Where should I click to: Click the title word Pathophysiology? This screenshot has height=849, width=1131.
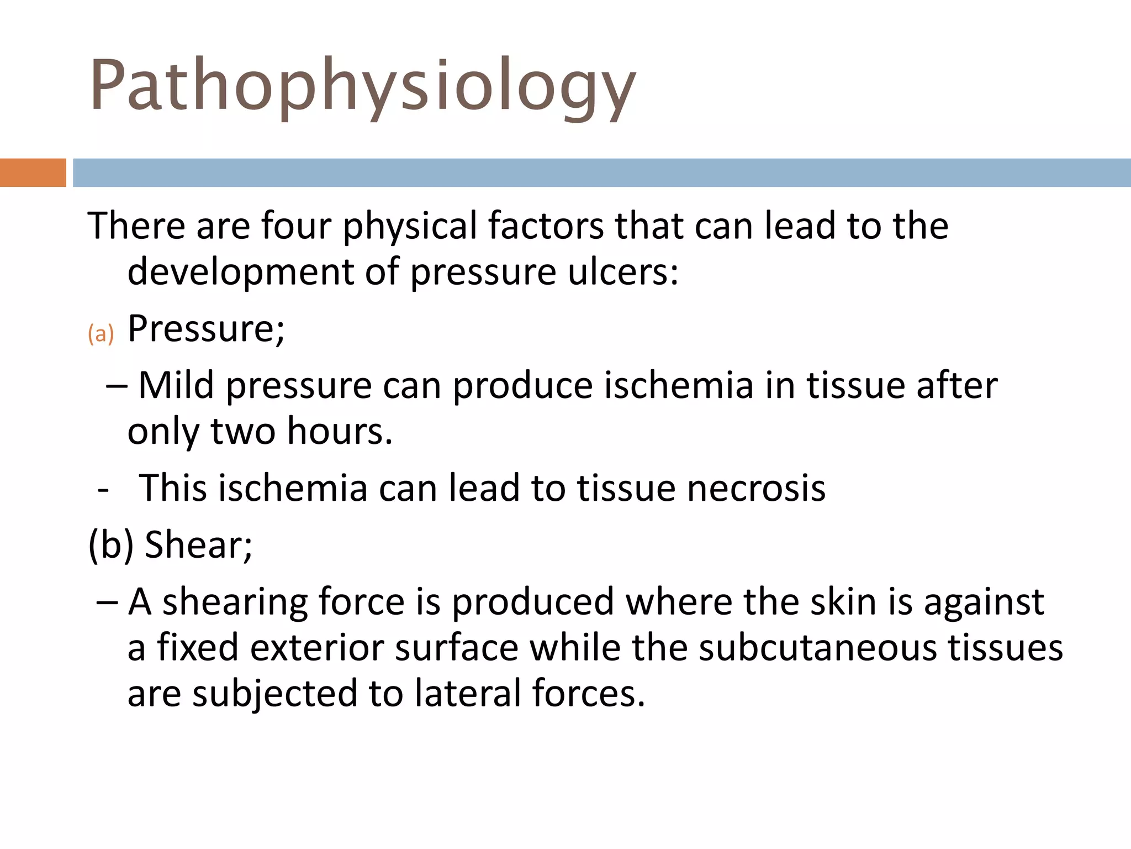pos(363,86)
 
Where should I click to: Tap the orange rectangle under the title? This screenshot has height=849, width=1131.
pos(33,172)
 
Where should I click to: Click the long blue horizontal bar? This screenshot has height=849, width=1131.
pos(602,172)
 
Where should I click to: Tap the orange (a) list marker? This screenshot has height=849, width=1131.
pos(101,334)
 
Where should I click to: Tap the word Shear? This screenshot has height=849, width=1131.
pos(198,545)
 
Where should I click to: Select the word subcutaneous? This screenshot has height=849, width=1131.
pos(817,647)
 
